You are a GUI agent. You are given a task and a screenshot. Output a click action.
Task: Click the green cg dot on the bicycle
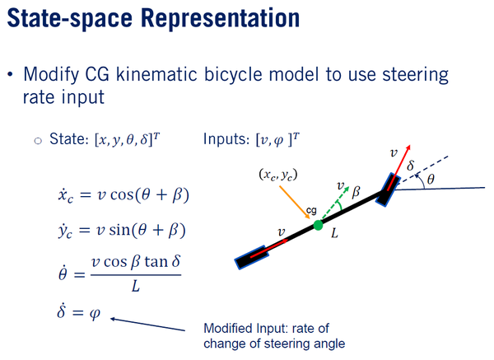coord(318,226)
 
